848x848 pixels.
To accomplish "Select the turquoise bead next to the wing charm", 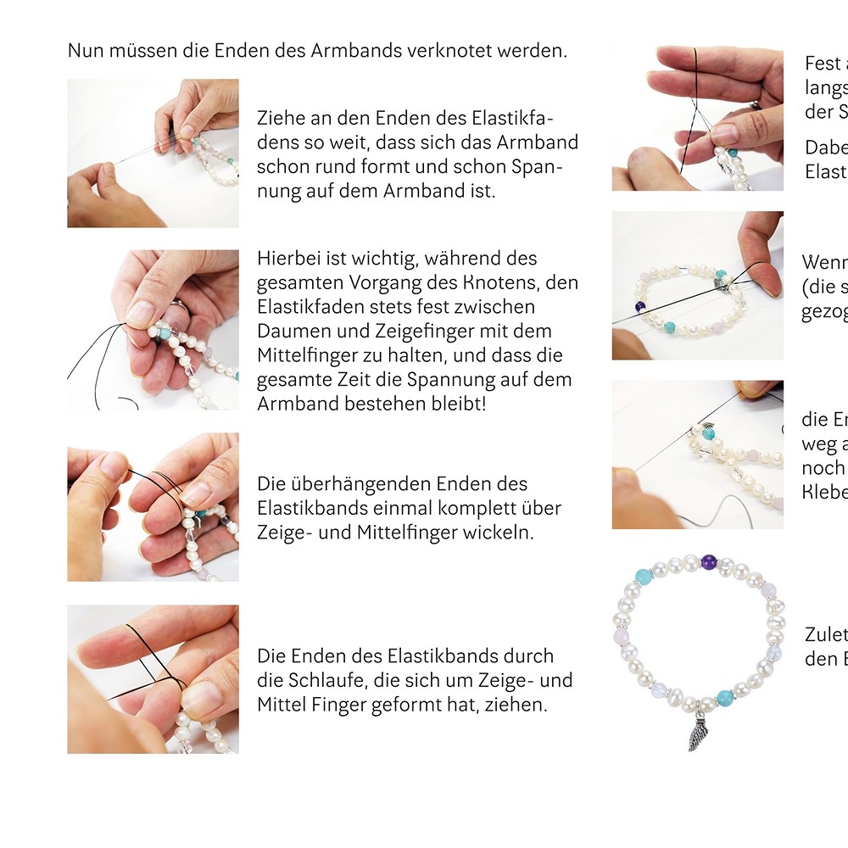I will tap(725, 697).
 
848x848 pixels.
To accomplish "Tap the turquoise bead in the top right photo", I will tap(733, 152).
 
